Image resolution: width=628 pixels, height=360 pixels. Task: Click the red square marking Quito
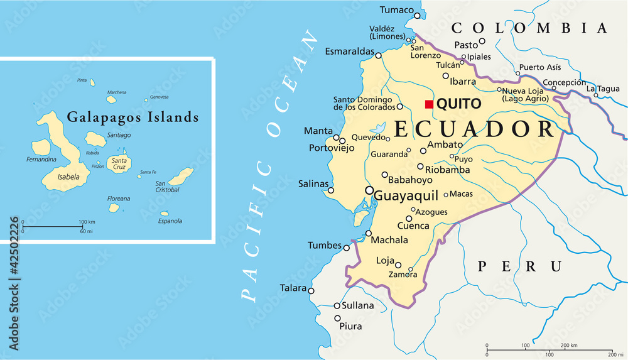coord(430,104)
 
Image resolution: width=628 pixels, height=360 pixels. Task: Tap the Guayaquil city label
coord(406,196)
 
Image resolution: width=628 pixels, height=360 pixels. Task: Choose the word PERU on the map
coord(519,266)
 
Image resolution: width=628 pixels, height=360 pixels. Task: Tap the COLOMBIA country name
coord(529,28)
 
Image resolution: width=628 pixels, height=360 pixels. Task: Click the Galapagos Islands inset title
coord(133,117)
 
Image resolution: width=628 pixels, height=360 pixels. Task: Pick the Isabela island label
coord(68,177)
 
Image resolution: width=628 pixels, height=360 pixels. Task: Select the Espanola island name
coord(170,221)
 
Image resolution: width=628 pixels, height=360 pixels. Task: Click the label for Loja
coord(384,260)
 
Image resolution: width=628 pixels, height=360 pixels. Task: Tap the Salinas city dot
coord(331,190)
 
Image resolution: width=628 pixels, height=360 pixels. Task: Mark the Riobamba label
coord(448,170)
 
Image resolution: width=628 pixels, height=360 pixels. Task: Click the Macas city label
coord(462,194)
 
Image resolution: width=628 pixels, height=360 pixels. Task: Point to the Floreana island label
coord(119,199)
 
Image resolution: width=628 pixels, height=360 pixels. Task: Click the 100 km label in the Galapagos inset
coord(87,222)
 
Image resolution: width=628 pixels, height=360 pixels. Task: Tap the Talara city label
coord(293,288)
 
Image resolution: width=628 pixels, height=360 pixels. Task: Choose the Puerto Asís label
coord(539,67)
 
